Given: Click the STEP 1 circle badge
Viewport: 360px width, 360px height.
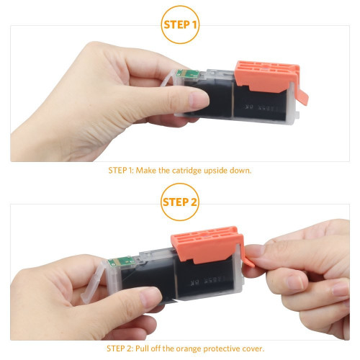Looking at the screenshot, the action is click(x=180, y=24).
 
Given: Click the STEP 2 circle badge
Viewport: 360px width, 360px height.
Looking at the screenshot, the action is click(x=180, y=202).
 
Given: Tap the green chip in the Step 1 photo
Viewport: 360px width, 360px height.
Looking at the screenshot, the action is click(x=188, y=73).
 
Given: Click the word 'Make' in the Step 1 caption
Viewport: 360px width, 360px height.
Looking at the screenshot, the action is click(x=146, y=171).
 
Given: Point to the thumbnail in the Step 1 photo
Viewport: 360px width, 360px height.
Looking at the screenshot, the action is click(x=199, y=100).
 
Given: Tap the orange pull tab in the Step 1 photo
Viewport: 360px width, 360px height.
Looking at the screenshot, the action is click(x=302, y=95).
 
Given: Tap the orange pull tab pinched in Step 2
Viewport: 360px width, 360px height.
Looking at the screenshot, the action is click(x=249, y=258).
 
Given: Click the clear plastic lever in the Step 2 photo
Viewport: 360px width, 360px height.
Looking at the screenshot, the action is click(x=93, y=282).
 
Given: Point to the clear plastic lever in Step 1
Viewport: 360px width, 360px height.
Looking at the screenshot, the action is click(x=168, y=78).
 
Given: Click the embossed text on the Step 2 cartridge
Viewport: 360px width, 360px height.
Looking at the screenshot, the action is click(x=208, y=282).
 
